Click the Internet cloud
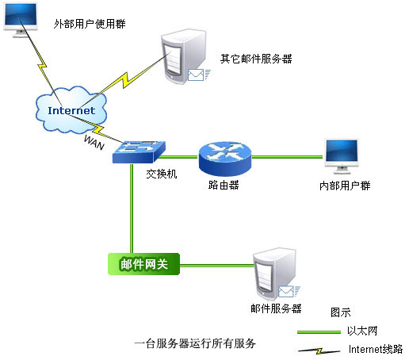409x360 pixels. click(x=71, y=109)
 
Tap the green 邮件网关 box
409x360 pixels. click(x=144, y=264)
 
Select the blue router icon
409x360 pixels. click(x=225, y=159)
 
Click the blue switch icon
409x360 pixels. click(x=139, y=152)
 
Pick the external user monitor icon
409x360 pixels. click(x=21, y=20)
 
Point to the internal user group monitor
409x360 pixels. click(x=342, y=156)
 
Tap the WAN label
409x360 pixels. click(x=94, y=143)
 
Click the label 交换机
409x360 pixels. click(x=162, y=174)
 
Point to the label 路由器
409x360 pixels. click(x=224, y=185)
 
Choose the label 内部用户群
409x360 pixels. click(x=345, y=186)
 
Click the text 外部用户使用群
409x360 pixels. click(x=90, y=24)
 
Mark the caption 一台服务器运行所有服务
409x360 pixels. click(x=195, y=343)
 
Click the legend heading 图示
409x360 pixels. click(x=341, y=312)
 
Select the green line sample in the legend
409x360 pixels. click(x=319, y=332)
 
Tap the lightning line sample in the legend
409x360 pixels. click(x=319, y=351)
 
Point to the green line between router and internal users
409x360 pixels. click(x=287, y=157)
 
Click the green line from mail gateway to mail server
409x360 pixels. click(x=216, y=265)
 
